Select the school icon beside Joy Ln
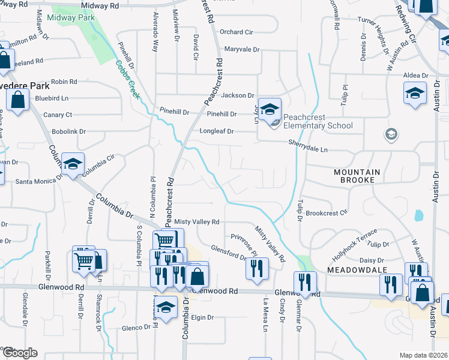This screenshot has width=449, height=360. click(271, 109)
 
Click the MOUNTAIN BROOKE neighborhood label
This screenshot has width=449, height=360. click(357, 176)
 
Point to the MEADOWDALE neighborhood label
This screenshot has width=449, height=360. click(351, 271)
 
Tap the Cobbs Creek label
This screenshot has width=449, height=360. click(127, 79)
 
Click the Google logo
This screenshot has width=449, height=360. click(19, 353)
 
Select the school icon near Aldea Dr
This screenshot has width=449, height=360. click(414, 93)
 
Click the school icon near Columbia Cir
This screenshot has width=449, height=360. click(73, 163)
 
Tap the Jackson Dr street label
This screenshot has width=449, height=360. click(238, 95)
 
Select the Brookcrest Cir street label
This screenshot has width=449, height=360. click(327, 212)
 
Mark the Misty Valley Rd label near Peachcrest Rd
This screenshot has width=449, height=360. click(197, 222)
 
